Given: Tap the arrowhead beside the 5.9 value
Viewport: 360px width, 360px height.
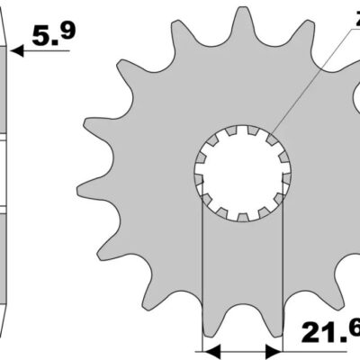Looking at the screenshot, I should click(21, 51).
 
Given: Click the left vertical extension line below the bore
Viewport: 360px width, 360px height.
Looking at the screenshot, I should click(202, 270).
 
